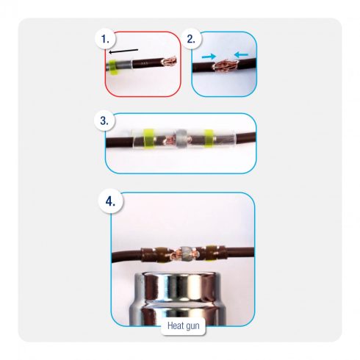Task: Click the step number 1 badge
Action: pyautogui.click(x=106, y=39)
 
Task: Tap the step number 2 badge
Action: pyautogui.click(x=191, y=39)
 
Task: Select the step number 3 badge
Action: pyautogui.click(x=104, y=120)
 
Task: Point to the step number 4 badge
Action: pyautogui.click(x=110, y=202)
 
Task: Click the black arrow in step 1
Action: pyautogui.click(x=123, y=51)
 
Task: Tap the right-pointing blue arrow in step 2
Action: pyautogui.click(x=209, y=57)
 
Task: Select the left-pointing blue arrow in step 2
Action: pyautogui.click(x=241, y=55)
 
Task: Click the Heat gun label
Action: pyautogui.click(x=183, y=326)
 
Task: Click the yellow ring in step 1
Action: pyautogui.click(x=112, y=67)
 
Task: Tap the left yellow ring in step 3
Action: pyautogui.click(x=148, y=139)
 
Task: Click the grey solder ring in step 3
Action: pyautogui.click(x=181, y=139)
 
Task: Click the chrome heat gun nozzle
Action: pyautogui.click(x=177, y=298)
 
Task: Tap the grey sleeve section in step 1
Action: pyautogui.click(x=124, y=65)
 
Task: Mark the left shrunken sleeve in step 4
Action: pyautogui.click(x=156, y=256)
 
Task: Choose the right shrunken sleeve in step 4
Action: pyautogui.click(x=213, y=253)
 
